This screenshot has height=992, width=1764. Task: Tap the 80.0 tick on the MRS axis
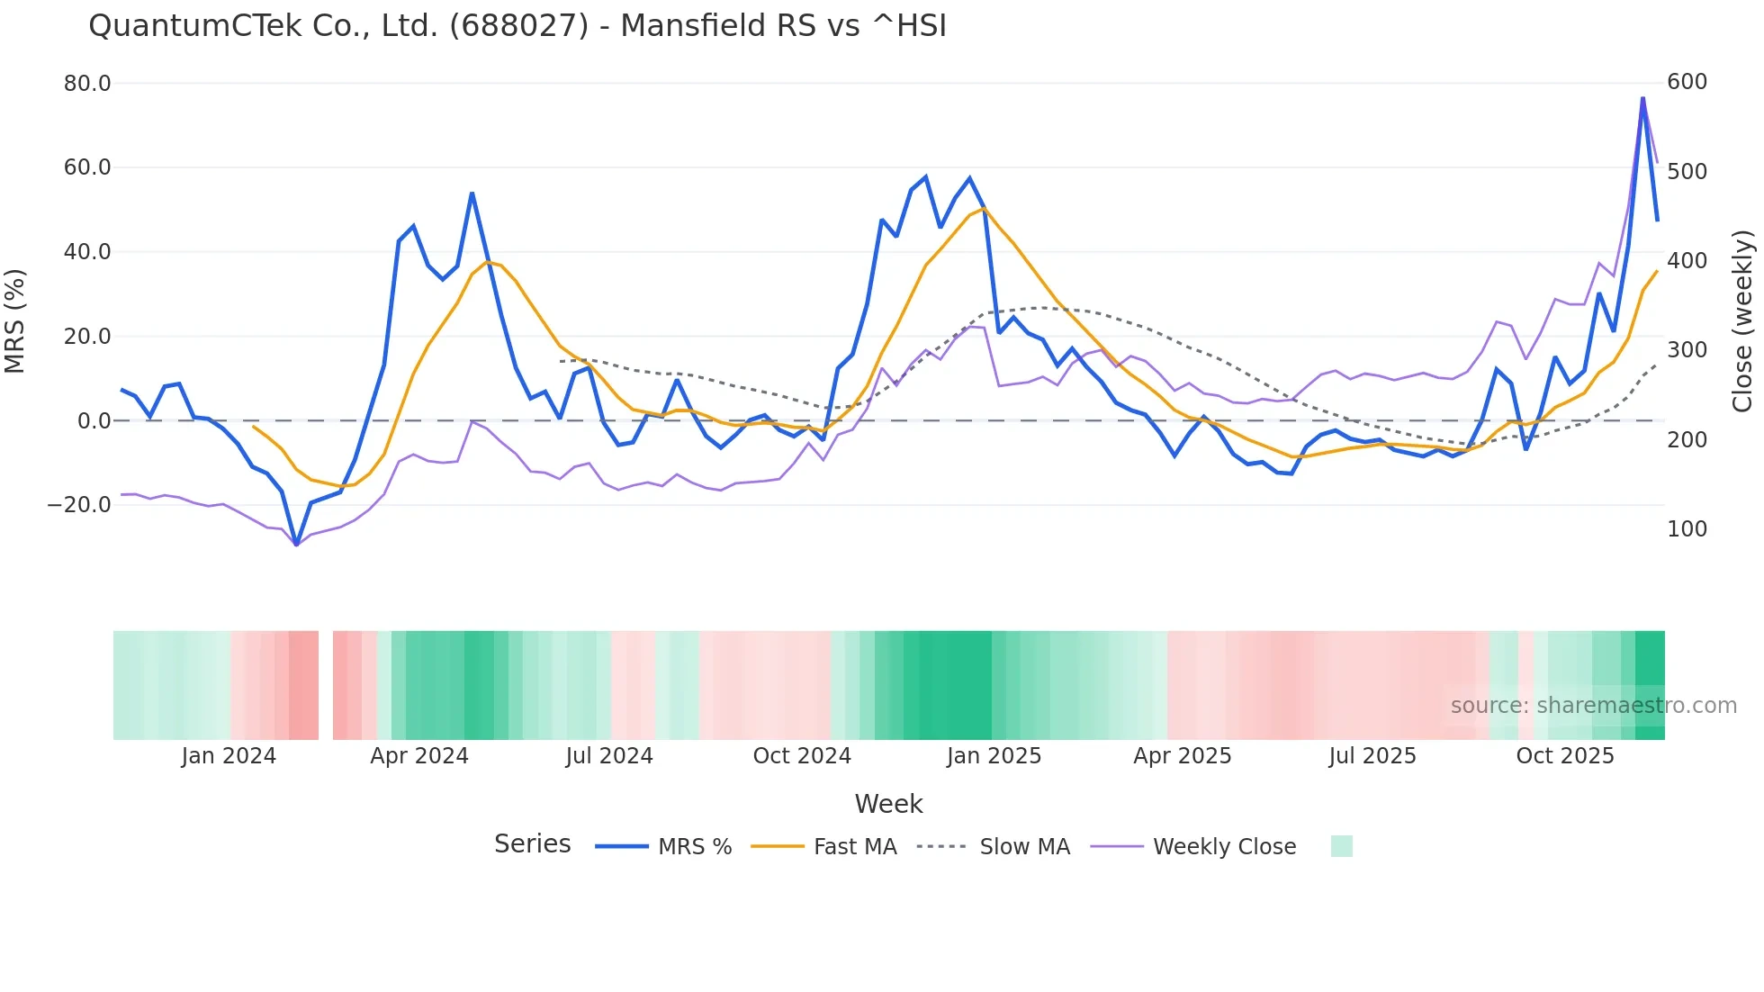coord(87,84)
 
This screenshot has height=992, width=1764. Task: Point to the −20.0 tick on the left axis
coord(79,505)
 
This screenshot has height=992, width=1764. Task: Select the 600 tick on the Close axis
coord(1687,82)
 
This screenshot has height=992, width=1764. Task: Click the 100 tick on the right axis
coord(1687,529)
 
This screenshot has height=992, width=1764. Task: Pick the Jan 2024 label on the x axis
coord(229,756)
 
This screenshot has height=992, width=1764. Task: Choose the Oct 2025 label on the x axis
coord(1565,756)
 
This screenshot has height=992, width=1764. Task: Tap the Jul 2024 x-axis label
coord(609,756)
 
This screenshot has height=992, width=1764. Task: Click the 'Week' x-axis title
coord(888,804)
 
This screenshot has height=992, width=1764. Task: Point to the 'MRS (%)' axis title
coord(15,321)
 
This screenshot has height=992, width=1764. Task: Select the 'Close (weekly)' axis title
coord(1743,321)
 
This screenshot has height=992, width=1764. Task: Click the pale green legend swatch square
coord(1342,846)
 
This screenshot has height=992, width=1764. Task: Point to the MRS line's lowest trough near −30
coord(296,545)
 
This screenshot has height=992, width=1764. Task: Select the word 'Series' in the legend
coord(533,844)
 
